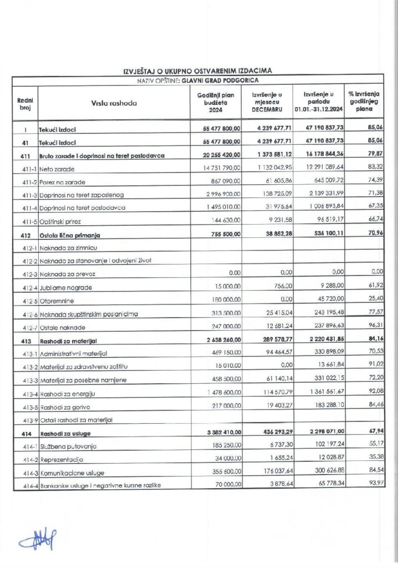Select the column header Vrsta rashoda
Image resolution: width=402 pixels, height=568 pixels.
114,103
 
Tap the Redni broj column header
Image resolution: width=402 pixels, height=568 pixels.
25,103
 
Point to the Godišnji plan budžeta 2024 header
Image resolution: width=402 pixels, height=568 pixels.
216,103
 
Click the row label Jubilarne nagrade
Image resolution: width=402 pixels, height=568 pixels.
65,287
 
